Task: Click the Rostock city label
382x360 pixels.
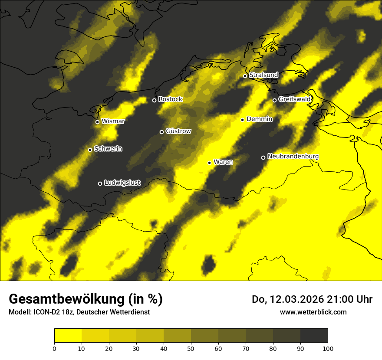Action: [170, 99]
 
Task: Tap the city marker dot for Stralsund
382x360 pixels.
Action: [245, 76]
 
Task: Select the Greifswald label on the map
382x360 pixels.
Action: [294, 99]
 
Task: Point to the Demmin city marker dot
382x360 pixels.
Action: [242, 120]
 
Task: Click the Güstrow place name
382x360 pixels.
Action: [178, 131]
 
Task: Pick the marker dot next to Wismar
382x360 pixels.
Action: [97, 122]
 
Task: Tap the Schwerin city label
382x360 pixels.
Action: [108, 149]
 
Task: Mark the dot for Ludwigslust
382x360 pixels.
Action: [100, 183]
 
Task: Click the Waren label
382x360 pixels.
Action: [223, 162]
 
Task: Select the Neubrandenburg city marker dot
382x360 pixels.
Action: [263, 157]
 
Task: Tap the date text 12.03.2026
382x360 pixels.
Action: [296, 299]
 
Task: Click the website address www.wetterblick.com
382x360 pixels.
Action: [313, 312]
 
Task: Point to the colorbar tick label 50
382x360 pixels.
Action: [191, 348]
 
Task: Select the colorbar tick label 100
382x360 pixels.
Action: [328, 348]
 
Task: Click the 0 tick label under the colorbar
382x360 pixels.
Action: [54, 348]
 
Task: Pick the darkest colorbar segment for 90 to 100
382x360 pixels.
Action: [314, 336]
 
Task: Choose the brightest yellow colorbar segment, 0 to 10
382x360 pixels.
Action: [68, 336]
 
